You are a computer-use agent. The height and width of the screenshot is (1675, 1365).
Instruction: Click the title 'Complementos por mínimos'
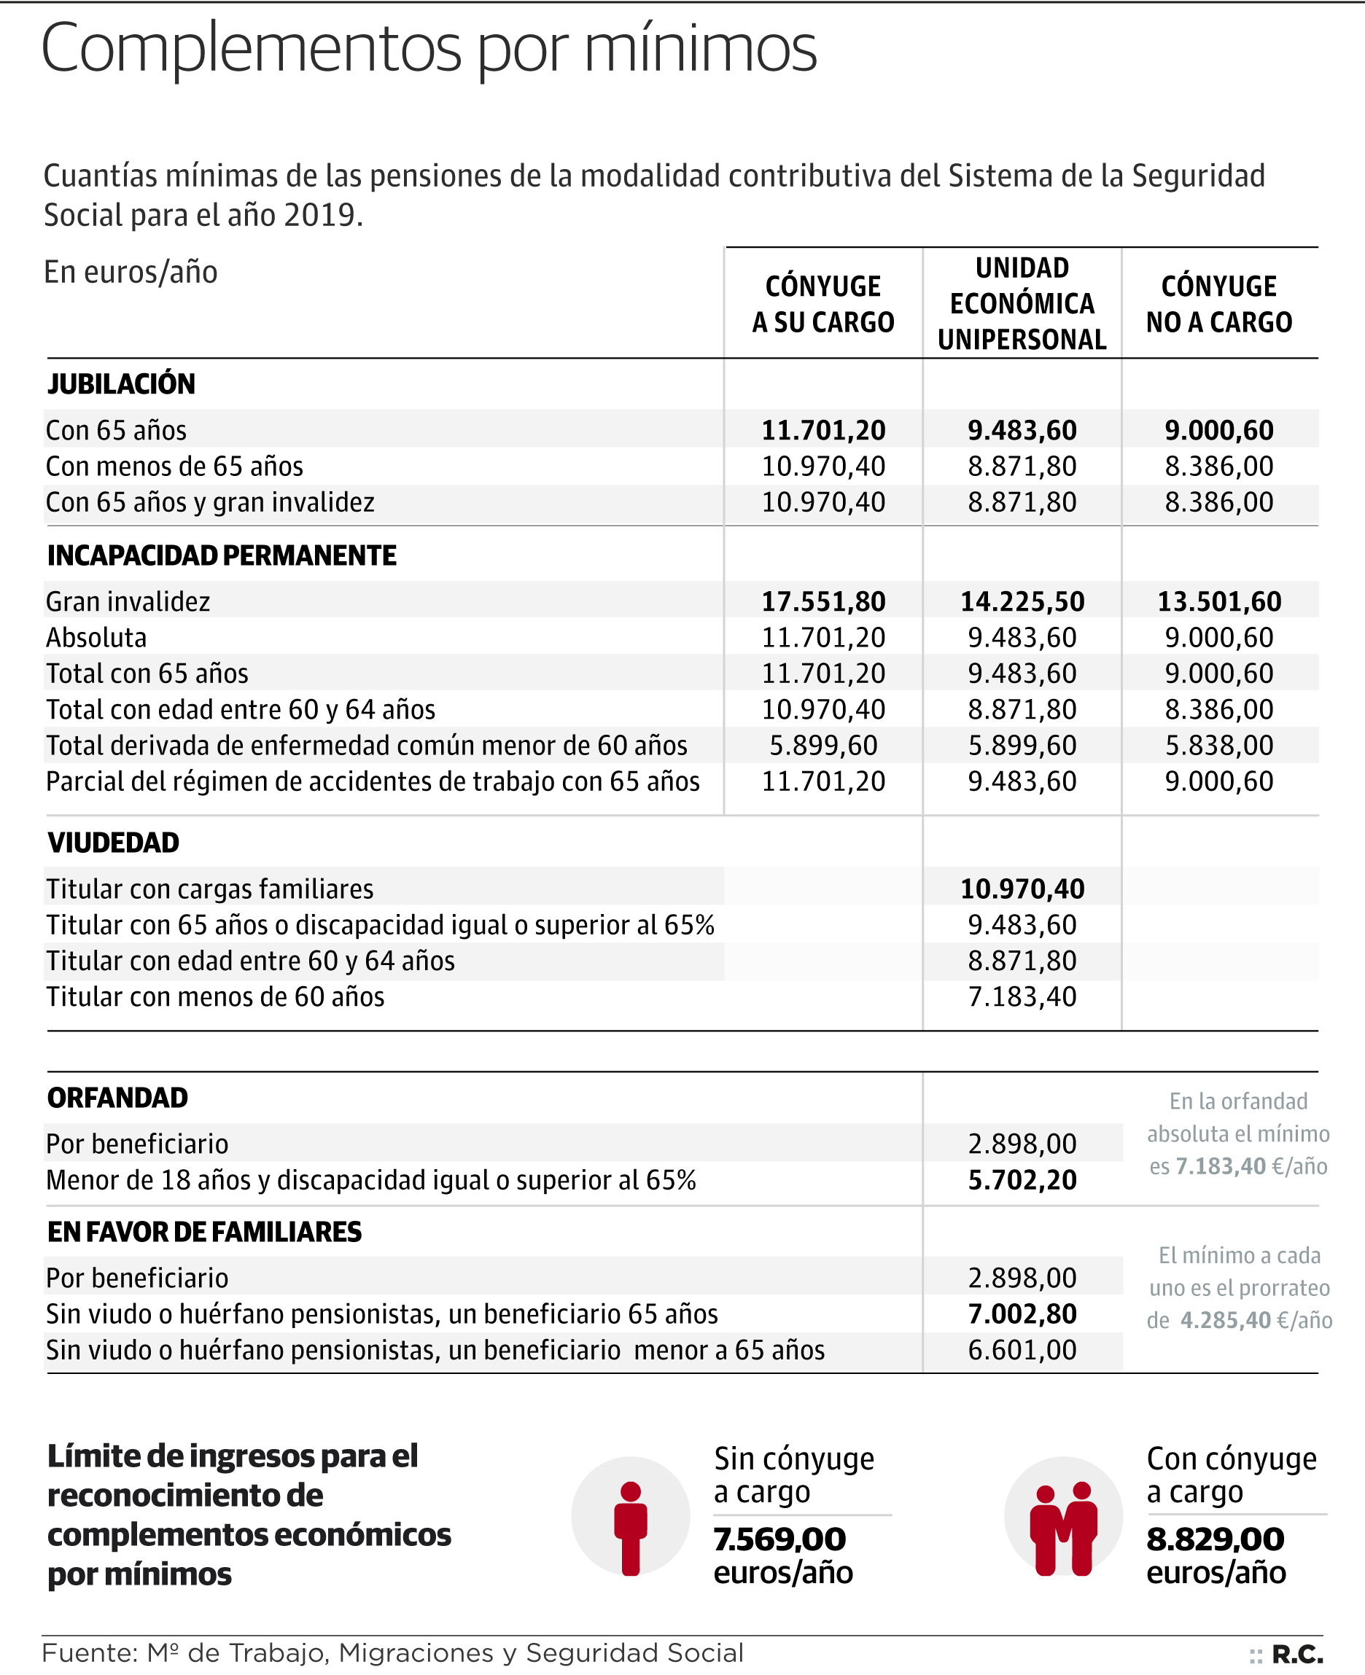tap(429, 49)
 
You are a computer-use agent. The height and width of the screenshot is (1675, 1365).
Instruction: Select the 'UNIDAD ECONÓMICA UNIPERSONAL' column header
tap(1022, 303)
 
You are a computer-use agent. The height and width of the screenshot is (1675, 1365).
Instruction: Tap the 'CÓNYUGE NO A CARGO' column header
tap(1218, 304)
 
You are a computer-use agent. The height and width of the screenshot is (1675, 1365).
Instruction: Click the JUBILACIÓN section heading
tap(121, 383)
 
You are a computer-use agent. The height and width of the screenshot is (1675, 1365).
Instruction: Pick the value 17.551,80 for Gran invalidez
tap(823, 601)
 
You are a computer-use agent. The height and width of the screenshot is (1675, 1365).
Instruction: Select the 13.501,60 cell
tap(1218, 601)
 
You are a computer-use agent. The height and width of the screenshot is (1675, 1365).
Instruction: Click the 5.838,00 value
tap(1218, 745)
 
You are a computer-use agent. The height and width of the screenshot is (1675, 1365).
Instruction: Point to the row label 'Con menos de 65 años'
tap(174, 466)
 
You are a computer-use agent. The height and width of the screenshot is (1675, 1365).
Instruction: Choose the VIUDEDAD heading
tap(113, 843)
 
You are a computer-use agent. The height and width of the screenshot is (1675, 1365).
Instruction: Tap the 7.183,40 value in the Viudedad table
tap(1022, 996)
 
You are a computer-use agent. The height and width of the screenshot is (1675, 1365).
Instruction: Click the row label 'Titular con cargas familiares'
tap(209, 889)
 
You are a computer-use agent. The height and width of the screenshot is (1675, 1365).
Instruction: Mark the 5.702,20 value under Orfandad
tap(1022, 1180)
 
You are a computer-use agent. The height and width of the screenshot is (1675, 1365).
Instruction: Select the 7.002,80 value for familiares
tap(1022, 1313)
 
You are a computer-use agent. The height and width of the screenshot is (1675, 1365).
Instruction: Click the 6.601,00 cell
tap(1022, 1350)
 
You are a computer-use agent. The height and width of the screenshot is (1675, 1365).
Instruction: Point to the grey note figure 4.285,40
tap(1225, 1320)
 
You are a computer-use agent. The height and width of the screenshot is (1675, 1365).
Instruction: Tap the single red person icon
tap(630, 1528)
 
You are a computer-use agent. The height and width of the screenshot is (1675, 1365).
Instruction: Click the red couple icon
tap(1063, 1528)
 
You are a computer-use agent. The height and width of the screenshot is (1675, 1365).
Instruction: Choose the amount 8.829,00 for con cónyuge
tap(1215, 1539)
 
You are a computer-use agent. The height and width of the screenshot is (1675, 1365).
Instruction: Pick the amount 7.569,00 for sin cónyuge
tap(779, 1539)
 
